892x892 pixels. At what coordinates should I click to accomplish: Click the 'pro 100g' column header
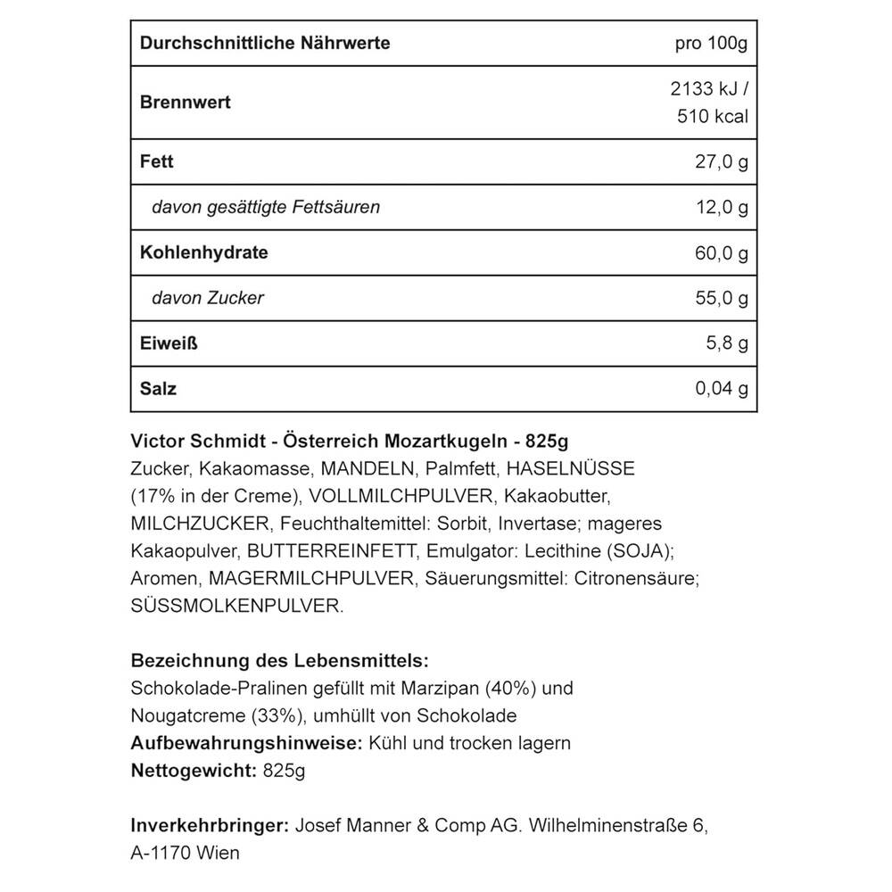[x=712, y=44]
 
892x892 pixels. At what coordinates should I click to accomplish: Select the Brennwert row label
[x=186, y=102]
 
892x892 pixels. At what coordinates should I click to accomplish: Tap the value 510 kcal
[x=712, y=117]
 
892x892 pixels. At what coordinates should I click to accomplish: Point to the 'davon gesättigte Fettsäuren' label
[x=266, y=207]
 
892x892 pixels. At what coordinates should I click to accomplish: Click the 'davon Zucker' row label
[x=208, y=298]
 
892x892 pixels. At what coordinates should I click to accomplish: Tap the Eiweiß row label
[x=169, y=343]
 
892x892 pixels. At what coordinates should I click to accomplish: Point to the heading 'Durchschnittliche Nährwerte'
[x=265, y=44]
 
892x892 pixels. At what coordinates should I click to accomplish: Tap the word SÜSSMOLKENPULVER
[x=236, y=606]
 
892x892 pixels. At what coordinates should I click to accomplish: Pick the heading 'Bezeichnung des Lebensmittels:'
[x=280, y=662]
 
